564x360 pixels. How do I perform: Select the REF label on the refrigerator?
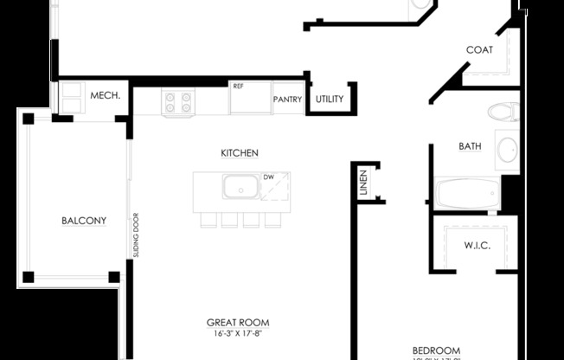(238, 86)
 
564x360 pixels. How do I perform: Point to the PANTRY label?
(287, 100)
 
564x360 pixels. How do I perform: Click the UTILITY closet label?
(330, 100)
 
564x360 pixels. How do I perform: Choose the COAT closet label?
(479, 50)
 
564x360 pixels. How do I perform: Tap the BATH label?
(470, 147)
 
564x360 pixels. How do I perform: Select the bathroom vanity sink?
(508, 150)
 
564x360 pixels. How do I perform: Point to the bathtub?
(466, 193)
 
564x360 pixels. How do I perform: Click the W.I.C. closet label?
(477, 246)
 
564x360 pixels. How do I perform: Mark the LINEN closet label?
(363, 182)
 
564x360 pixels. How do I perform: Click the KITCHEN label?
(240, 153)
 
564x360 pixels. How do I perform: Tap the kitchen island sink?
(240, 186)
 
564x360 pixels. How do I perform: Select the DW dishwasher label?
(268, 177)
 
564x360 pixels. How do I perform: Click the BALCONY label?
(84, 221)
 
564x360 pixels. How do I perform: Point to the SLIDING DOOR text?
(136, 235)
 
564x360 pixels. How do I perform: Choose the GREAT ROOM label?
(238, 323)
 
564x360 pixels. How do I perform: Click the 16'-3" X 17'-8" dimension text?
(238, 334)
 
